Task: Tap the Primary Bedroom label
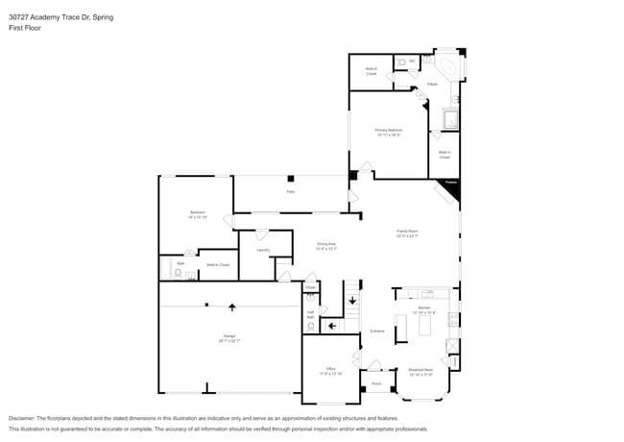(388, 132)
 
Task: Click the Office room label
(330, 371)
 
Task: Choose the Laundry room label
(263, 251)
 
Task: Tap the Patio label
(290, 192)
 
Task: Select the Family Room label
(407, 233)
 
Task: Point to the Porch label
(376, 383)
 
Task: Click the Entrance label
(377, 331)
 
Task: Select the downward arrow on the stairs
(352, 302)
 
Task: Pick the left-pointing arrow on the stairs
(331, 326)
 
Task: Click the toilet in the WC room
(400, 63)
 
